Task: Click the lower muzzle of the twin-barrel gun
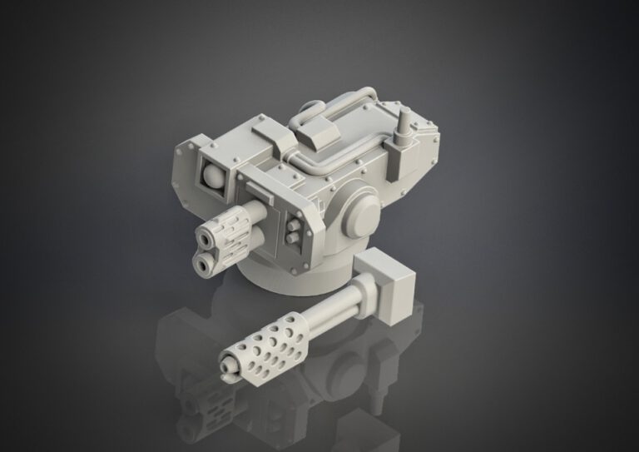click(201, 264)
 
